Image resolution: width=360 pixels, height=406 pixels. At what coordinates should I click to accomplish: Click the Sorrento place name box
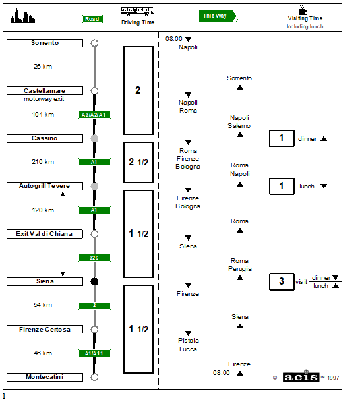[x=45, y=43]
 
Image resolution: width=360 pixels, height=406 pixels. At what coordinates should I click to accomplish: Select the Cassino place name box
[x=45, y=138]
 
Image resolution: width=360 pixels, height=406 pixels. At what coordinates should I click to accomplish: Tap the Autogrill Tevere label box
[x=45, y=186]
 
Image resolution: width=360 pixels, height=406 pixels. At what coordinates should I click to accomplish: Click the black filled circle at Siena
[x=94, y=281]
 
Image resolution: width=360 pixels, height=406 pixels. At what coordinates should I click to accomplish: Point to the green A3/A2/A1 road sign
[x=94, y=115]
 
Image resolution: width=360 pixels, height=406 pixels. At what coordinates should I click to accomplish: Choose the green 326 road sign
[x=94, y=258]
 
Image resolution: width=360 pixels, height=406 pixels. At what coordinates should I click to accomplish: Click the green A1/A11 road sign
[x=94, y=353]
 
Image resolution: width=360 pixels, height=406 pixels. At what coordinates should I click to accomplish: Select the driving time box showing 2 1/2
[x=138, y=162]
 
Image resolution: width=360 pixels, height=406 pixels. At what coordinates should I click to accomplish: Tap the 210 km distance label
[x=43, y=162]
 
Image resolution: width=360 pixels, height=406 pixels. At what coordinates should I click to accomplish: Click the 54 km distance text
[x=43, y=305]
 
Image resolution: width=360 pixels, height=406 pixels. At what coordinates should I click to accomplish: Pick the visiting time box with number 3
[x=282, y=281]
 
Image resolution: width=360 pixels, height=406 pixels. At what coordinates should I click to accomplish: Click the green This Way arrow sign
[x=218, y=16]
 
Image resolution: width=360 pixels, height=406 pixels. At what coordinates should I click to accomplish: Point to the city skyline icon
[x=23, y=16]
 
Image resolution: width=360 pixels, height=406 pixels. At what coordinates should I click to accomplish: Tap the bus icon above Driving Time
[x=137, y=11]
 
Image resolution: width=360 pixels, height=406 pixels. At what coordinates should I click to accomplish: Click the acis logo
[x=301, y=377]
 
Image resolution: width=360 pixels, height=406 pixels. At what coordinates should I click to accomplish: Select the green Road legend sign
[x=92, y=19]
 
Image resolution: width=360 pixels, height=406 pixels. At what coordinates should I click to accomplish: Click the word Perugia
[x=240, y=269]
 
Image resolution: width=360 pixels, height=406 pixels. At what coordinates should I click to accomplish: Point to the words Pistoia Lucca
[x=189, y=345]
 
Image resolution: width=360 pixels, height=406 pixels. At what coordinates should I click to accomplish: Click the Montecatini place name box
[x=45, y=377]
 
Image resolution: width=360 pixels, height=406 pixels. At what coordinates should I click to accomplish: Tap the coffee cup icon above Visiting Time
[x=303, y=10]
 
